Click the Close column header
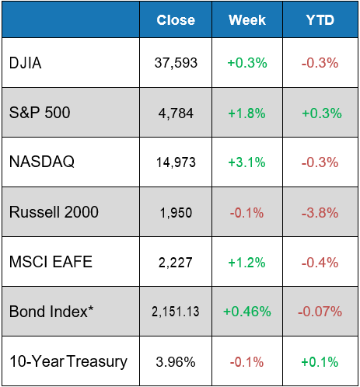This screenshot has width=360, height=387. click(175, 20)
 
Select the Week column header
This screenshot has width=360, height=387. click(247, 20)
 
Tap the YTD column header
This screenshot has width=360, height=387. click(321, 20)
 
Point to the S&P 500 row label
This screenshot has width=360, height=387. click(40, 113)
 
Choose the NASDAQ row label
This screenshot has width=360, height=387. click(40, 162)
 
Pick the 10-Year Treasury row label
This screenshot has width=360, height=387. click(68, 361)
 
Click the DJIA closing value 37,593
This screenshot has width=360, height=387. click(175, 63)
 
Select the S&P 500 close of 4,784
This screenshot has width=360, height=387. click(175, 113)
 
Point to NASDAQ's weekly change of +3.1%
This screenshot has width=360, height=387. click(247, 162)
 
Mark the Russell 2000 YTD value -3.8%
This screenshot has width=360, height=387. click(321, 212)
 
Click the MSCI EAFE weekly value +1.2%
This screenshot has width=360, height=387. click(247, 262)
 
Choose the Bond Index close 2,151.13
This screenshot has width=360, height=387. click(175, 312)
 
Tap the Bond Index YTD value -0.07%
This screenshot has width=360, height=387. click(321, 312)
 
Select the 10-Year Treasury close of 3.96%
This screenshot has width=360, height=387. click(175, 361)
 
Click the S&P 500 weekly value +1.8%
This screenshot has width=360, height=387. click(247, 113)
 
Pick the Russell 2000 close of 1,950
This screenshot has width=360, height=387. click(175, 212)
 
